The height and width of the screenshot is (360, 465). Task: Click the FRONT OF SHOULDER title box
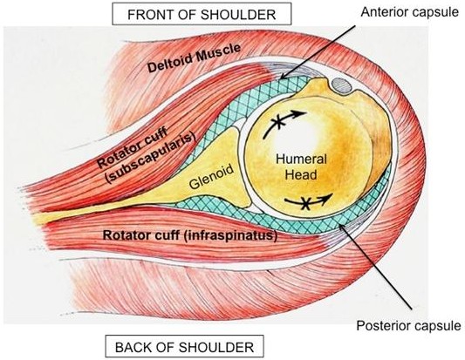click(202, 14)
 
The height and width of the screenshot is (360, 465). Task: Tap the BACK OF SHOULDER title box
click(184, 346)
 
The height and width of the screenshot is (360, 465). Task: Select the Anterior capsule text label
click(410, 12)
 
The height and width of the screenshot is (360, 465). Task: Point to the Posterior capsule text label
click(408, 326)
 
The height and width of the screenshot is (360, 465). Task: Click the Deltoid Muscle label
click(194, 58)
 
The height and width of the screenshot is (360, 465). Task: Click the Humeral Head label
click(301, 166)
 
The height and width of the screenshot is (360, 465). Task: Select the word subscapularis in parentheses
click(151, 157)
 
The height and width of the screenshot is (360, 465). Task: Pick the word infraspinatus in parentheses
click(230, 235)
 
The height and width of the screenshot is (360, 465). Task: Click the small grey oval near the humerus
click(341, 85)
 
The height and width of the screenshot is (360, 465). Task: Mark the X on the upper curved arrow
click(278, 122)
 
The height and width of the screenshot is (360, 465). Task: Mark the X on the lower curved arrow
click(305, 203)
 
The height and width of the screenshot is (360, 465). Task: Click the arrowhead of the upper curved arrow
click(300, 113)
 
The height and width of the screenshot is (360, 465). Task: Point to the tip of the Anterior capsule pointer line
click(281, 79)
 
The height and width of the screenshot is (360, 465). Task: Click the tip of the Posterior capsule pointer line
click(340, 225)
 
